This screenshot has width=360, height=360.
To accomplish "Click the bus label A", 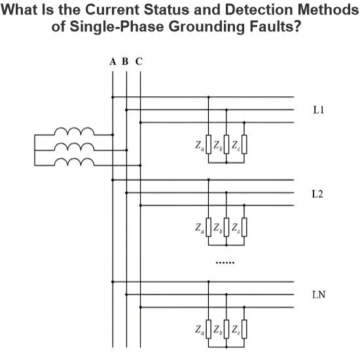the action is pyautogui.click(x=113, y=62).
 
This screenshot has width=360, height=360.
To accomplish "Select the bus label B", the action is pyautogui.click(x=125, y=62).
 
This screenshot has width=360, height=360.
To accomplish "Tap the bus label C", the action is pyautogui.click(x=139, y=62).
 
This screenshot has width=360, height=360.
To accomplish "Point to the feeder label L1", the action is pyautogui.click(x=319, y=110).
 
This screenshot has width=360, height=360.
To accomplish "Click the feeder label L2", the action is pyautogui.click(x=317, y=194).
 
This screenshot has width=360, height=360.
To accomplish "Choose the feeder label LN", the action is pyautogui.click(x=319, y=295).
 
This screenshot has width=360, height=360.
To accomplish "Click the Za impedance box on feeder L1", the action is pyautogui.click(x=208, y=144).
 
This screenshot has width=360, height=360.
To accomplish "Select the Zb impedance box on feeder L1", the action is pyautogui.click(x=226, y=144).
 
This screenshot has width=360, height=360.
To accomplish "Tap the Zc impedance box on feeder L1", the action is pyautogui.click(x=244, y=144).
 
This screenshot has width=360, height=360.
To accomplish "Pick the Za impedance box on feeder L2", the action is pyautogui.click(x=208, y=227).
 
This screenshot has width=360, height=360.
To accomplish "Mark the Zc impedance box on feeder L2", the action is pyautogui.click(x=244, y=227).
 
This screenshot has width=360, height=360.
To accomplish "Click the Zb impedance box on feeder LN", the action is pyautogui.click(x=226, y=329).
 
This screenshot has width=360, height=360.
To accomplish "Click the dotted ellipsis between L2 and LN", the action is pyautogui.click(x=225, y=262).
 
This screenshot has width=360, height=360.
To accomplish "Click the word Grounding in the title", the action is pyautogui.click(x=207, y=27).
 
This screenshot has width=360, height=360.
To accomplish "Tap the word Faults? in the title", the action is pyautogui.click(x=275, y=26).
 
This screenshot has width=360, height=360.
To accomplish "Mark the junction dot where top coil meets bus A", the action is pyautogui.click(x=113, y=135).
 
